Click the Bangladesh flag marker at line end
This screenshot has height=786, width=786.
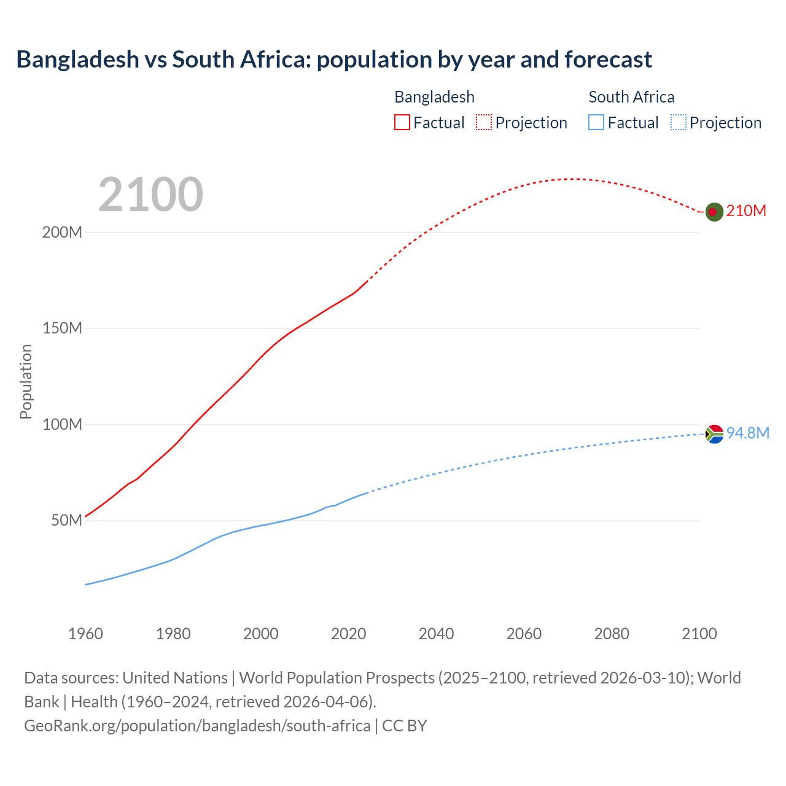[x=714, y=212]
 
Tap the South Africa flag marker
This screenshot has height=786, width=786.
[x=714, y=434]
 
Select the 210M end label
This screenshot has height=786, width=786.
[x=746, y=211]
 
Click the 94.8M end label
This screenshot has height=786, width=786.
[x=747, y=434]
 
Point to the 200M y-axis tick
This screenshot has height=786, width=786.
[x=62, y=233]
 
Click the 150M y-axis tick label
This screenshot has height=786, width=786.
[x=62, y=329]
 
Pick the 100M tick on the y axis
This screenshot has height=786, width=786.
[x=62, y=425]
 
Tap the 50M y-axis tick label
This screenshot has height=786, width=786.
[x=66, y=521]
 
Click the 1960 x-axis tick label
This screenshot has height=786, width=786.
[x=85, y=634]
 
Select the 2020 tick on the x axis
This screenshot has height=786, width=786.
[x=348, y=634]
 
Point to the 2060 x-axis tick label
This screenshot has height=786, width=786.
[x=524, y=634]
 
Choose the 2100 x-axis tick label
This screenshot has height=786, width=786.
[x=699, y=634]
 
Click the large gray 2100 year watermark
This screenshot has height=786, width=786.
[x=150, y=195]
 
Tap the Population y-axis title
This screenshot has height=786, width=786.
[x=26, y=381]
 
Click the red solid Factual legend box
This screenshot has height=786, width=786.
[x=402, y=123]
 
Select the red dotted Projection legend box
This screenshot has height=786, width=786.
[x=484, y=123]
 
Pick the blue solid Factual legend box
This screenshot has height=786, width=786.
[x=596, y=123]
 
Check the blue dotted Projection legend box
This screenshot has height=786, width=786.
[x=678, y=123]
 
